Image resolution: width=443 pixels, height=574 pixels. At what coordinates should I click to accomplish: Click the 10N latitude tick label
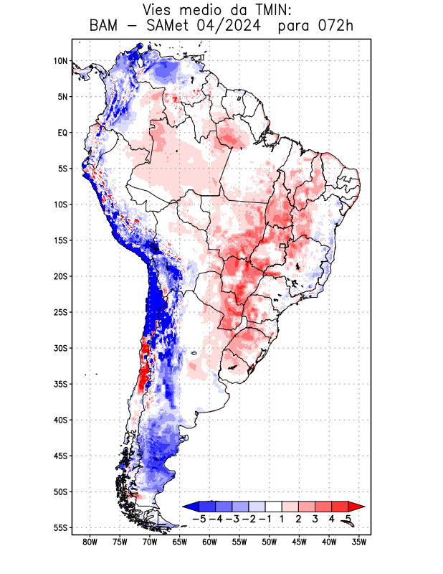tap(60, 61)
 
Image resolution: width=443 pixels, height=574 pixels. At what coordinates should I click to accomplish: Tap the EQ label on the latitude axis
tap(62, 133)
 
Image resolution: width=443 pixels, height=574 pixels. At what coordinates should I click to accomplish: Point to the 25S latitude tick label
tap(60, 312)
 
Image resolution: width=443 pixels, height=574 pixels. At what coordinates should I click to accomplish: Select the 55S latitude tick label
tap(60, 528)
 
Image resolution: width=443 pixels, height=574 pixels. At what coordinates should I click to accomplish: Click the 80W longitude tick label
tap(90, 542)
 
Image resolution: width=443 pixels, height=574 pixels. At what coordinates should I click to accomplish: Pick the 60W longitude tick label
tap(209, 542)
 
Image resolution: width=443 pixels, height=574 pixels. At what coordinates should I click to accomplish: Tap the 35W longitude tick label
tap(359, 542)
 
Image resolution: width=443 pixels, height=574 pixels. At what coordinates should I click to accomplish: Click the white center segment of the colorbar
tap(273, 507)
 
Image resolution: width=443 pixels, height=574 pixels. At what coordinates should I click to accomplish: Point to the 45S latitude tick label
tap(60, 456)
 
